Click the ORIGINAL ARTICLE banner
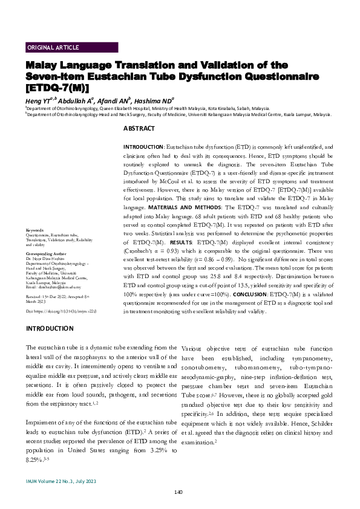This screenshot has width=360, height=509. click(x=53, y=47)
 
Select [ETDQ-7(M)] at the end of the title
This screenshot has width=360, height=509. click(x=53, y=88)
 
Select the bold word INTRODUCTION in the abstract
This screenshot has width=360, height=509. click(x=143, y=147)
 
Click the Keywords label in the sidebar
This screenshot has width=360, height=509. click(x=35, y=231)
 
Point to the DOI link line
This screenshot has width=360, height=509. click(x=62, y=310)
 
